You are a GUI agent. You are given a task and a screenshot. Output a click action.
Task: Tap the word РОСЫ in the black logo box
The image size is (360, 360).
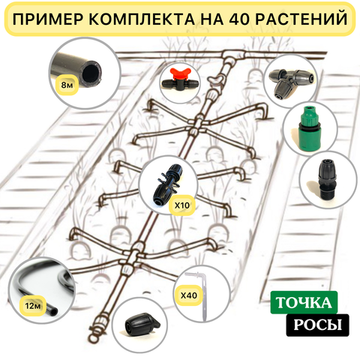pyautogui.click(x=306, y=325)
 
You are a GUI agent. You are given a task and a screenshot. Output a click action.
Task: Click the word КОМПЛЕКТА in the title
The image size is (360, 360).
pyautogui.click(x=139, y=17)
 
